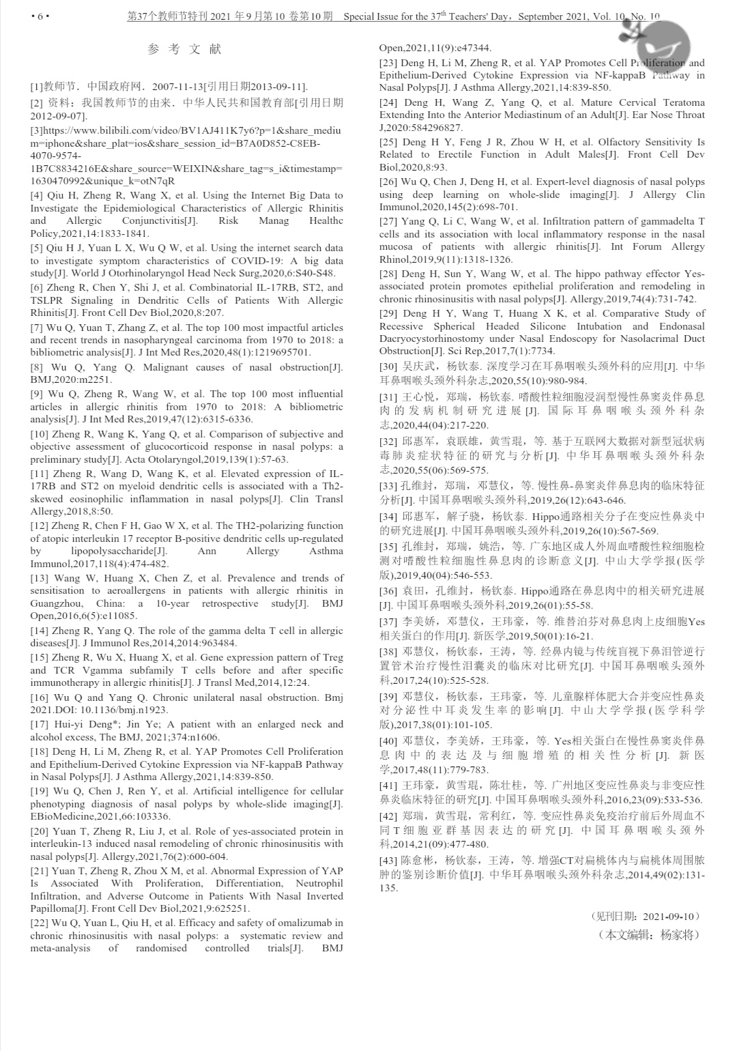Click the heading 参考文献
[x=184, y=49]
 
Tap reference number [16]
[x=39, y=697]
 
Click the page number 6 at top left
[x=40, y=17]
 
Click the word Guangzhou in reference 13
[x=55, y=603]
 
